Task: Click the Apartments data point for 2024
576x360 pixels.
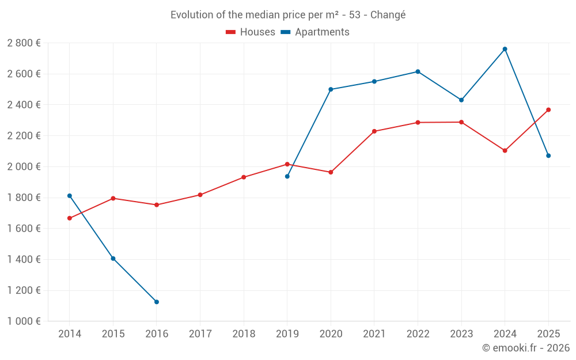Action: pyautogui.click(x=505, y=49)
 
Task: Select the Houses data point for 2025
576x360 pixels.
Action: pyautogui.click(x=548, y=109)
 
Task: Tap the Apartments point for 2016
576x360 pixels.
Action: pyautogui.click(x=157, y=302)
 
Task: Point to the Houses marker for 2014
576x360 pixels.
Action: pyautogui.click(x=70, y=218)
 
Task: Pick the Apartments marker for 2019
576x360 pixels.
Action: pyautogui.click(x=287, y=176)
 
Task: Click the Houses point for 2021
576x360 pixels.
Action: pyautogui.click(x=374, y=131)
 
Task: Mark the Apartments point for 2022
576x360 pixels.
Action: pyautogui.click(x=418, y=71)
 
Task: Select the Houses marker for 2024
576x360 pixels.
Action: pyautogui.click(x=505, y=150)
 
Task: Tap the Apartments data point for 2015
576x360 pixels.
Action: pyautogui.click(x=113, y=259)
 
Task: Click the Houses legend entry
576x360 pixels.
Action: pyautogui.click(x=251, y=32)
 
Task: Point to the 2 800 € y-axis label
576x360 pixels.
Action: pyautogui.click(x=24, y=43)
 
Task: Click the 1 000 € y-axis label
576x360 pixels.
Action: pyautogui.click(x=24, y=321)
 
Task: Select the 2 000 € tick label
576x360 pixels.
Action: pyautogui.click(x=24, y=166)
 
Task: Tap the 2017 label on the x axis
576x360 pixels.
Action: pyautogui.click(x=200, y=334)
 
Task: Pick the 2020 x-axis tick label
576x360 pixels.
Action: pyautogui.click(x=331, y=334)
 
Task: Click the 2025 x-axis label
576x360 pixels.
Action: pyautogui.click(x=548, y=334)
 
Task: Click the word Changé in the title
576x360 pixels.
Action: pyautogui.click(x=388, y=15)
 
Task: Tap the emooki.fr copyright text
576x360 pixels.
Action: pyautogui.click(x=525, y=348)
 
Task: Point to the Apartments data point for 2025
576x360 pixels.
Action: pyautogui.click(x=548, y=156)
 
